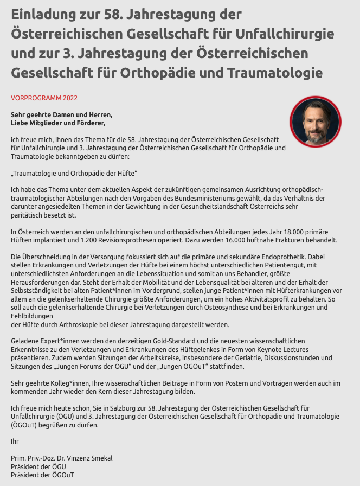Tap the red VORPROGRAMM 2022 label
coord(44,98)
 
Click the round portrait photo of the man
coord(316,122)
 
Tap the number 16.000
coord(227,240)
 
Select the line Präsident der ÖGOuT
coord(42,475)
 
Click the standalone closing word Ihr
coord(15,442)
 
